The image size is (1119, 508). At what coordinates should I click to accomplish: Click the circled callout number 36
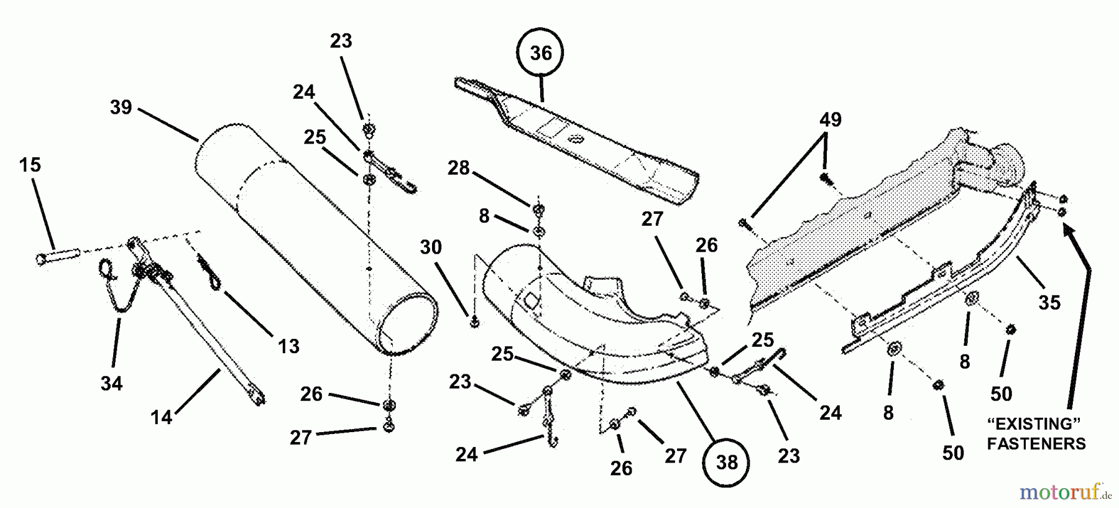click(540, 53)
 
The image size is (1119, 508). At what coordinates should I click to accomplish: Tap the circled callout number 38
click(726, 463)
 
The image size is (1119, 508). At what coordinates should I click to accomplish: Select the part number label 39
click(121, 107)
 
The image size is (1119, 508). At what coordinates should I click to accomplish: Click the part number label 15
click(30, 165)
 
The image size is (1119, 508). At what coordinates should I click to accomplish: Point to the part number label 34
click(112, 384)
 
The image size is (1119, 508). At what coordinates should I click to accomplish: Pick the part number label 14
click(161, 417)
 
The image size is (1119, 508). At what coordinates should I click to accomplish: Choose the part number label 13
click(288, 346)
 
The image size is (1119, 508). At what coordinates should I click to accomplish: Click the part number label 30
click(430, 247)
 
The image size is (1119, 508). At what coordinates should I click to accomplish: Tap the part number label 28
click(459, 167)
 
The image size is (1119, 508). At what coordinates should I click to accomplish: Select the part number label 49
click(830, 119)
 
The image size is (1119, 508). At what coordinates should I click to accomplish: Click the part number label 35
click(1049, 303)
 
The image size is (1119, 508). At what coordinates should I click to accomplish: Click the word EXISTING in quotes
click(1034, 425)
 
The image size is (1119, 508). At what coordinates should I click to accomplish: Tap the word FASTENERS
click(1036, 443)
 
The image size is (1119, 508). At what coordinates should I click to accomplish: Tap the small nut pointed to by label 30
click(474, 321)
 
